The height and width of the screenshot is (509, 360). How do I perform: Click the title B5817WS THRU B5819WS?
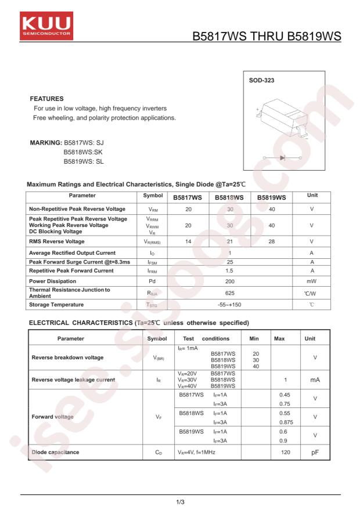(x=267, y=37)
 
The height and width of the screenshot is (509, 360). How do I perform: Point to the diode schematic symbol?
(x=283, y=157)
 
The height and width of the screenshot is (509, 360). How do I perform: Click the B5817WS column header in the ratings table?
(x=188, y=197)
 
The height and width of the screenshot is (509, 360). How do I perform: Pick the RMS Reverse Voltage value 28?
(x=271, y=241)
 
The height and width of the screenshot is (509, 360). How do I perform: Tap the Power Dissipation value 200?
(x=230, y=281)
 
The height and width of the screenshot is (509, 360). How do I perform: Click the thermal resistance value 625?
(x=230, y=293)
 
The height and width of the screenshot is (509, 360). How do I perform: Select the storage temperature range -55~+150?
(x=230, y=305)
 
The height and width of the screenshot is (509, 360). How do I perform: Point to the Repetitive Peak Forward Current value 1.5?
(x=230, y=270)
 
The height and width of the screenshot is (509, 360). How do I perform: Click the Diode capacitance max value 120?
(x=286, y=452)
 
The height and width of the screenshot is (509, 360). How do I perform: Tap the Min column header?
(x=254, y=338)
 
